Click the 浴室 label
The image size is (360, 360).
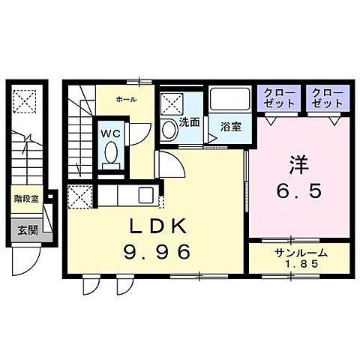point(231,126)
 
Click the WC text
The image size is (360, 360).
point(110,133)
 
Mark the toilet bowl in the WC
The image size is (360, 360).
point(111,153)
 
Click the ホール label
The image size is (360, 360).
point(125,98)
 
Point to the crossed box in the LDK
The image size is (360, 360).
point(78,197)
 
